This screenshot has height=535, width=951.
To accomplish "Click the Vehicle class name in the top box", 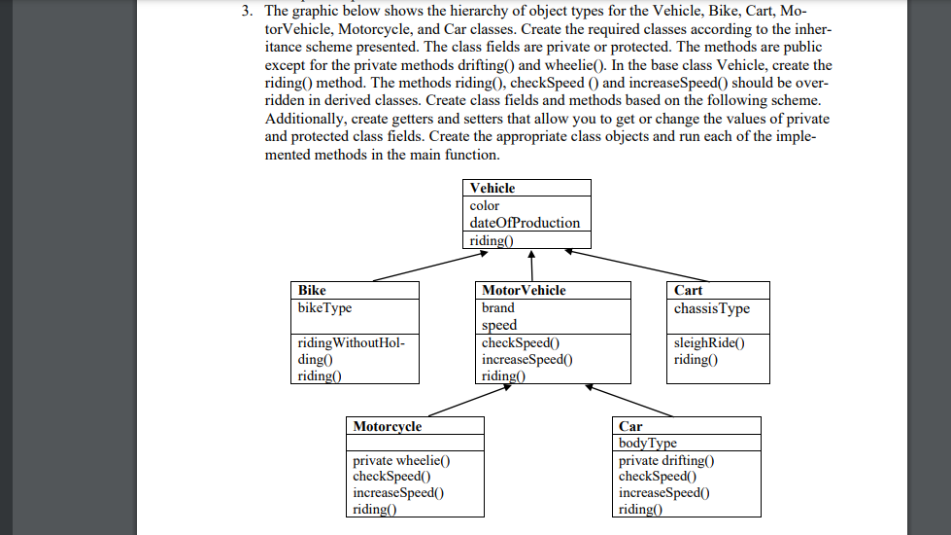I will click(492, 188).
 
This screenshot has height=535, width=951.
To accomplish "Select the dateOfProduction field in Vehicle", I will click(524, 223).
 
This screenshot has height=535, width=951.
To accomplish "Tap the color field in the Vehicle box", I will click(484, 205).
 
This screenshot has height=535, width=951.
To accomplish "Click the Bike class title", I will click(312, 290).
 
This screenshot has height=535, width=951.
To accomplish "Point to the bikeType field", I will click(324, 307).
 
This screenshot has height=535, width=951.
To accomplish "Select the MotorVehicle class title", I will click(524, 290).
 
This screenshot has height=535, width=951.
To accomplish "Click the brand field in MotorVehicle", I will click(498, 307).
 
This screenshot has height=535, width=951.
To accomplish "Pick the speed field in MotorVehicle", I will click(499, 325).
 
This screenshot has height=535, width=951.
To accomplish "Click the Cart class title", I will click(688, 290).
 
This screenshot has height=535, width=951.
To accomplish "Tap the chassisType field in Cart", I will click(711, 308).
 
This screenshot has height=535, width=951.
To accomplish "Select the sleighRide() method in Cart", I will click(708, 342).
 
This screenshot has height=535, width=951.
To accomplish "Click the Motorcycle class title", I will click(387, 426).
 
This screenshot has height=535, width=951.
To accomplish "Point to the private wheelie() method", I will click(401, 460).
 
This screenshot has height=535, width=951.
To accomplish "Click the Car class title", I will click(630, 426).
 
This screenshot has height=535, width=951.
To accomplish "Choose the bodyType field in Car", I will click(647, 444).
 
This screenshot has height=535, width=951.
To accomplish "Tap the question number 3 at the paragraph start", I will click(249, 12).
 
